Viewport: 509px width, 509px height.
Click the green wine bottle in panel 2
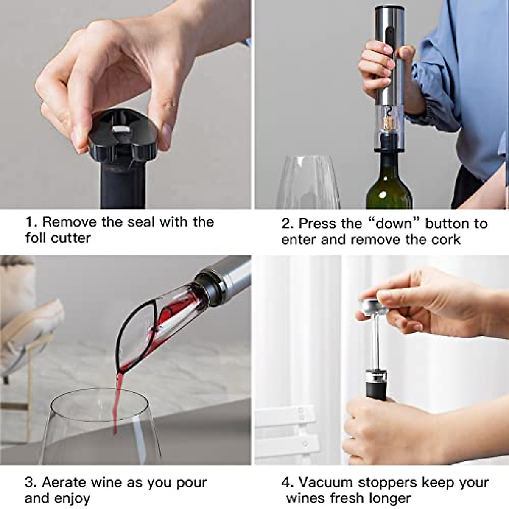click(x=389, y=187)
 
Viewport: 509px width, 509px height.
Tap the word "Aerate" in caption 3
click(x=64, y=482)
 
